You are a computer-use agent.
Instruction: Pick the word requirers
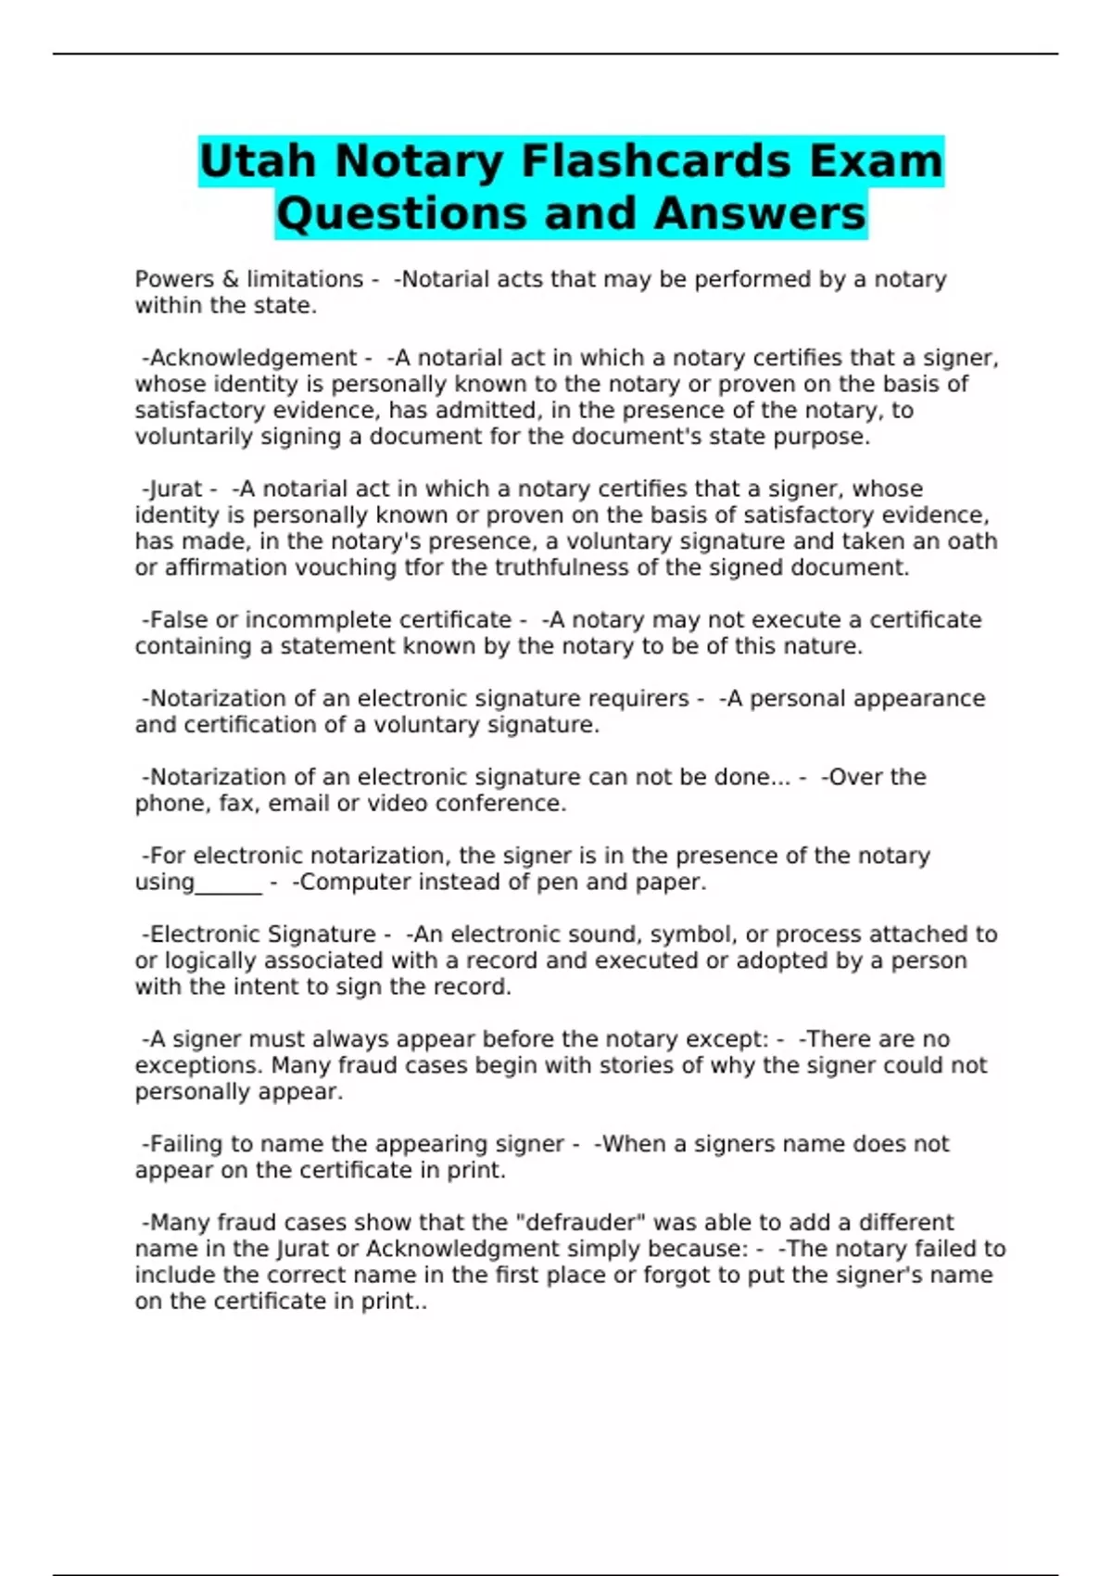643,698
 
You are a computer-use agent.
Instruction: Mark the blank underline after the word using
229,883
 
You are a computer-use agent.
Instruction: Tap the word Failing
189,1144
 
